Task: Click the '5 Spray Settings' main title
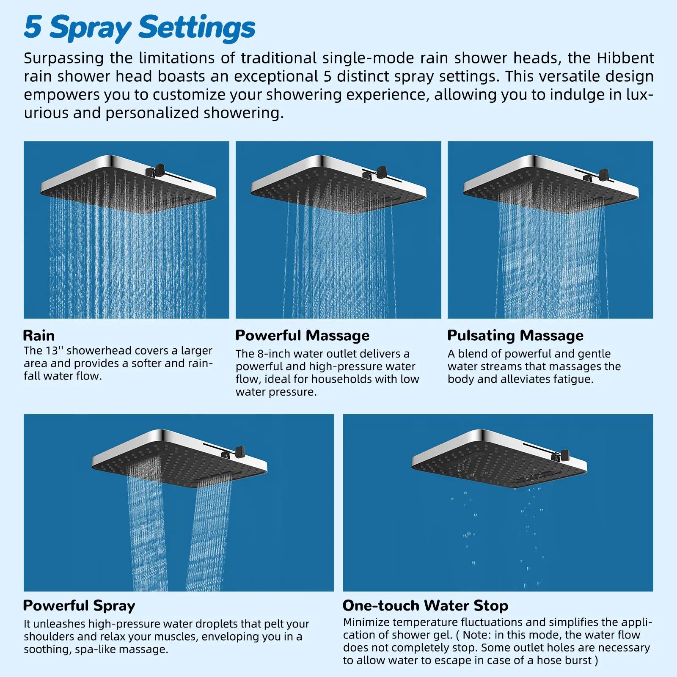pos(140,28)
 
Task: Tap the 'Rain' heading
pos(39,336)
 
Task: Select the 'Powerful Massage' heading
pos(303,336)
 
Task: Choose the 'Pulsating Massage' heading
pos(515,336)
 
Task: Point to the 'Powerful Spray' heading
pos(79,606)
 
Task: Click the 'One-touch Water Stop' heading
pos(426,605)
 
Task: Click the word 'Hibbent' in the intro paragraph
pos(625,58)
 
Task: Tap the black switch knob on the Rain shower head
pos(160,170)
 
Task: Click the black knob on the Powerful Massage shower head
pos(382,171)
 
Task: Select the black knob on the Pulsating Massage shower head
pos(604,173)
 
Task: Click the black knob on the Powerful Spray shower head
pos(240,451)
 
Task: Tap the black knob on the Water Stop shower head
pos(564,455)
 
